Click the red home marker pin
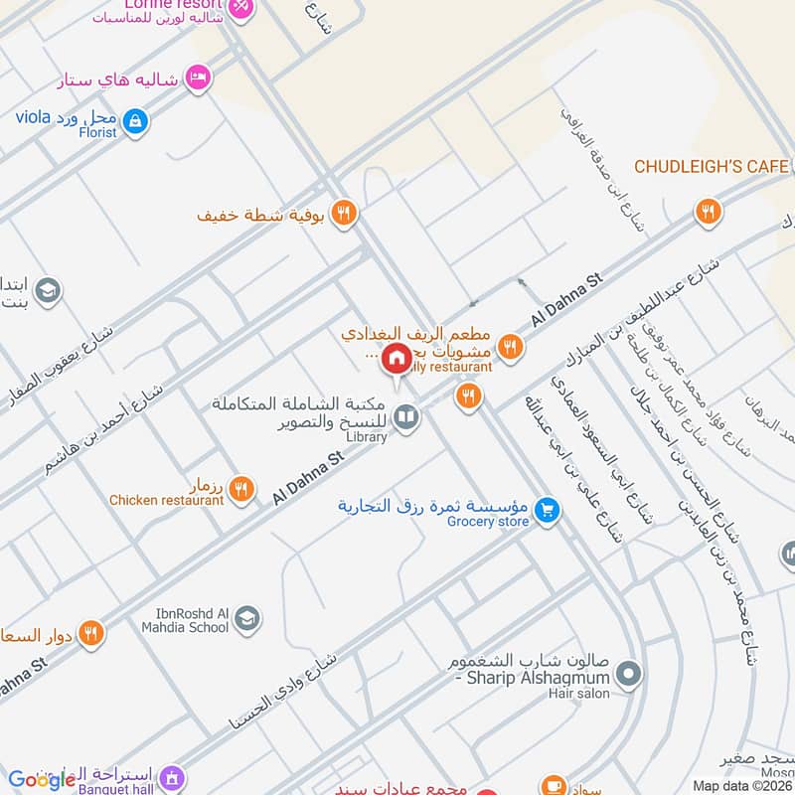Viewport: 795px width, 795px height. tap(397, 357)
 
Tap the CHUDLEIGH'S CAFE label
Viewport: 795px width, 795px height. tap(712, 166)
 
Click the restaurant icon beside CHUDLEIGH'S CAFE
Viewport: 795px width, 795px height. tap(708, 211)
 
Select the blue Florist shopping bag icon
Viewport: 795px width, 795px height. tap(137, 123)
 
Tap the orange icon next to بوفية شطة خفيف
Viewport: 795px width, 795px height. tap(343, 213)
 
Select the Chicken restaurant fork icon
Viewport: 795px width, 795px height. tap(240, 489)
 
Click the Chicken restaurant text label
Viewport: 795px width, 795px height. tap(166, 501)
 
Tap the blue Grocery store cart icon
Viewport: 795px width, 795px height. tap(545, 511)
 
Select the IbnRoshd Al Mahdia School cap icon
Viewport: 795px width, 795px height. tap(246, 619)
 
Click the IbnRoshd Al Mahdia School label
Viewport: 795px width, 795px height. tap(192, 620)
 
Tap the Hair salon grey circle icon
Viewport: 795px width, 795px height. tap(627, 676)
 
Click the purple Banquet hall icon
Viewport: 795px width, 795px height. tap(171, 777)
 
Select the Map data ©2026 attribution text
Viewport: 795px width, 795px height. tap(742, 786)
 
